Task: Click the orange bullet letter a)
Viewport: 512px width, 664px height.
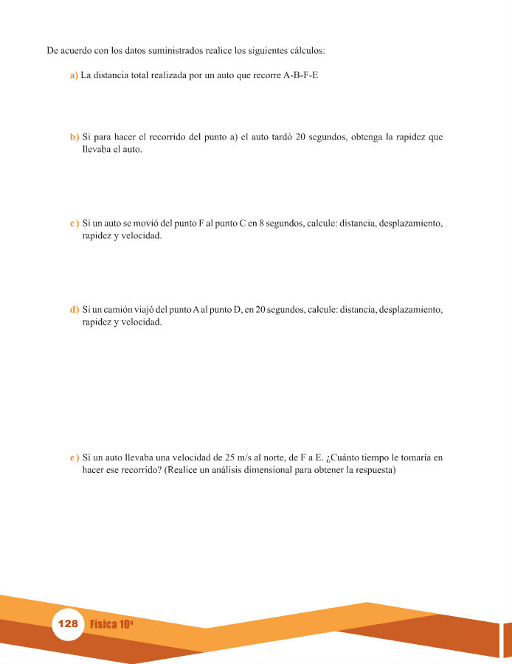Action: pos(74,75)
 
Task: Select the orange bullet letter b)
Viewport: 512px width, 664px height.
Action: pos(74,137)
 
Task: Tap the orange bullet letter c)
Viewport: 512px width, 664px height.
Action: pos(74,223)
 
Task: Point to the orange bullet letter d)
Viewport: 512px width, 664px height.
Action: pos(74,309)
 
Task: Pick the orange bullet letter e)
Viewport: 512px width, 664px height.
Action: pos(74,458)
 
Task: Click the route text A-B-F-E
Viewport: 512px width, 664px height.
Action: pos(300,75)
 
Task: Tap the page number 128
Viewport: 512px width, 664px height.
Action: pos(67,623)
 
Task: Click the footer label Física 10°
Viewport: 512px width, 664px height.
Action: pos(111,624)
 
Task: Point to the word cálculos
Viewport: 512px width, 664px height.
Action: pos(307,51)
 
